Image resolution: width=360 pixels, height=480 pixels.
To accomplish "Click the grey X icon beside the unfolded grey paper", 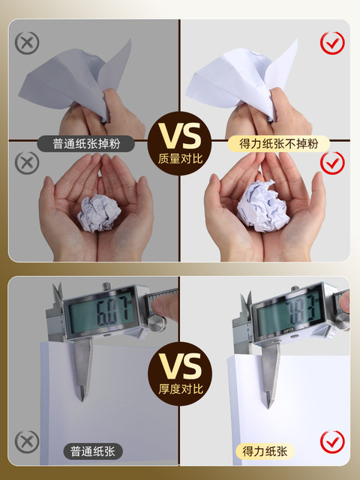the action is click(x=27, y=43).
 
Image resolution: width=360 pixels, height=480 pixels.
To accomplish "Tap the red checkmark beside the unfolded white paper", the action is click(x=332, y=43).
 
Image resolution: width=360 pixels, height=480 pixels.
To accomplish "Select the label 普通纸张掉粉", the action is click(x=86, y=143).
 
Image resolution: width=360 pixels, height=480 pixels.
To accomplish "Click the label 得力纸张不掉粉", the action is click(x=278, y=143).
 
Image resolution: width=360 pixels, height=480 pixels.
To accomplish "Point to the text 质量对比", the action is click(x=180, y=159).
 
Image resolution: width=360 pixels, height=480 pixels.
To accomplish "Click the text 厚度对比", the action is click(x=181, y=388).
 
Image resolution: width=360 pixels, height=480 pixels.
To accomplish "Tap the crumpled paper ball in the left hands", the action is click(x=99, y=213).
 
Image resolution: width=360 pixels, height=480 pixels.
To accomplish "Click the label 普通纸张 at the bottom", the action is click(x=93, y=451).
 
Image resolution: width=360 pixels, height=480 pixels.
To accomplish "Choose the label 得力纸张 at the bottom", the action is click(x=265, y=451).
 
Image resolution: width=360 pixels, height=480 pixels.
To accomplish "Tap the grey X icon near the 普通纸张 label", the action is click(x=27, y=442).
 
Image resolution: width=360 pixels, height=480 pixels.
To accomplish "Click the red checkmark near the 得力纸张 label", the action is click(x=332, y=442).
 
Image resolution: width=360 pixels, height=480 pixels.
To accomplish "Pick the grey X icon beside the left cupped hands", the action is click(x=27, y=163).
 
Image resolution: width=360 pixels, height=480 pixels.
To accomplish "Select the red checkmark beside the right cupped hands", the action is click(x=332, y=163).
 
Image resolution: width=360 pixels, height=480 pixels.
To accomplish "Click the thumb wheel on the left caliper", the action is click(x=157, y=324).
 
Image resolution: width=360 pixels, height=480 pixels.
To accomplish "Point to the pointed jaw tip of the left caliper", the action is click(x=82, y=401).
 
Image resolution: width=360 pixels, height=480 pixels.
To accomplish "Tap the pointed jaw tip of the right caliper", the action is click(x=268, y=408).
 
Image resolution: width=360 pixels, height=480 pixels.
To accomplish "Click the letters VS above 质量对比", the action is click(x=180, y=136).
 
